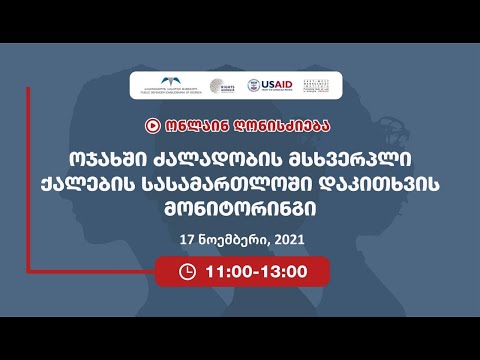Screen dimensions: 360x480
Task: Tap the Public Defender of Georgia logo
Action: pyautogui.click(x=176, y=86)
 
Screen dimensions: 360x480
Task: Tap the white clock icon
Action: pyautogui.click(x=186, y=270)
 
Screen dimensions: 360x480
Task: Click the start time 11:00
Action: pyautogui.click(x=225, y=270)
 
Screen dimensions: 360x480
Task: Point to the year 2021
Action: pyautogui.click(x=285, y=241)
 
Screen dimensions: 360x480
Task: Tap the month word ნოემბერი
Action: pyautogui.click(x=230, y=241)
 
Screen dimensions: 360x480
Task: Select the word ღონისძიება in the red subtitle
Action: pyautogui.click(x=274, y=127)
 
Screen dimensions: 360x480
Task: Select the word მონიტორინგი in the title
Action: pyautogui.click(x=239, y=212)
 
